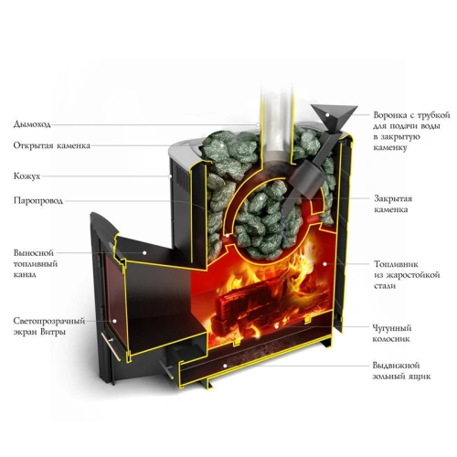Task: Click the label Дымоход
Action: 32,124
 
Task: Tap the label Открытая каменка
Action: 52,145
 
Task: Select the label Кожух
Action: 27,176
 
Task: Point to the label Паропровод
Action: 38,200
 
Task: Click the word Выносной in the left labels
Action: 34,253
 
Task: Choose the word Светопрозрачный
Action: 49,321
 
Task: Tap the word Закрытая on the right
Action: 393,198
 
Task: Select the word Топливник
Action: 396,264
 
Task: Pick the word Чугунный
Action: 392,328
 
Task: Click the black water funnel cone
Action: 334,117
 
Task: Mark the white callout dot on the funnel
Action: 327,115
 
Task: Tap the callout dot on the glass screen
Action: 114,321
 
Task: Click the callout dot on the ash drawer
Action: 225,366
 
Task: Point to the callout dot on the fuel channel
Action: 144,252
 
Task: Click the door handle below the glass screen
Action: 111,346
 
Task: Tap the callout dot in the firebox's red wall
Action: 324,264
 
